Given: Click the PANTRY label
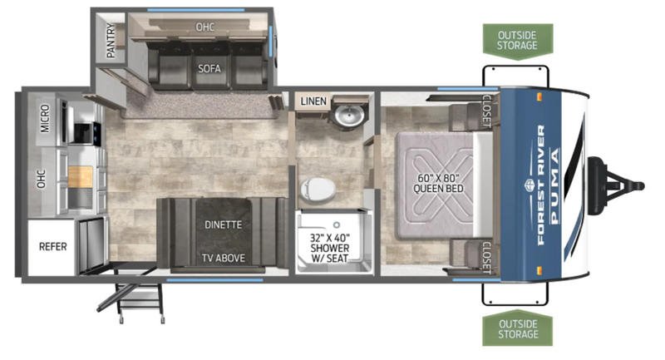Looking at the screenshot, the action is tap(111, 41).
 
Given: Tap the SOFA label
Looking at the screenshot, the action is tap(209, 68).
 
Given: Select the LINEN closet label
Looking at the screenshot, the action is tap(313, 101).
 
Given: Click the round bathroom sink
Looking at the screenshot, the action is tap(349, 115).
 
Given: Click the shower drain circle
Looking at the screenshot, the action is tap(337, 224).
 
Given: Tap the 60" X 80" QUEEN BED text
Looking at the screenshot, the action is tap(438, 183).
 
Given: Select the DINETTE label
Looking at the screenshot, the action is tap(223, 224).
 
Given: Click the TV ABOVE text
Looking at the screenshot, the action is tap(223, 258).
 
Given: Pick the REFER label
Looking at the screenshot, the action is tap(53, 246).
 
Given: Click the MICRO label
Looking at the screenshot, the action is tap(45, 119).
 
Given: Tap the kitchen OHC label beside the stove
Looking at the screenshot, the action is tap(41, 179).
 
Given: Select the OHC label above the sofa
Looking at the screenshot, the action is tap(204, 27).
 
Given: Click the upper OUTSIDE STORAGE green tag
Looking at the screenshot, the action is tap(517, 41).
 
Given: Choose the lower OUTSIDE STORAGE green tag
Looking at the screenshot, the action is tap(517, 330).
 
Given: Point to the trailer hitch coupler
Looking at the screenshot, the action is tap(616, 185).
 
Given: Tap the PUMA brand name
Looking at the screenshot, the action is tap(554, 185).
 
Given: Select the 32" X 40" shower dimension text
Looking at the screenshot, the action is tap(330, 238).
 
